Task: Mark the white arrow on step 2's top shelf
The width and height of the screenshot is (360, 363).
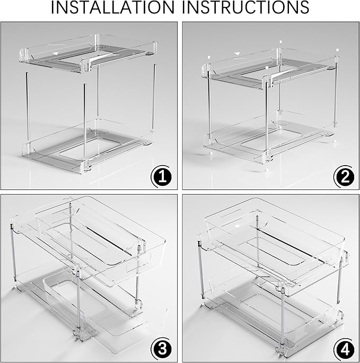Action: pos(238,53)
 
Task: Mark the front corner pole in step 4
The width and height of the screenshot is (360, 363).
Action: pos(283,313)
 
